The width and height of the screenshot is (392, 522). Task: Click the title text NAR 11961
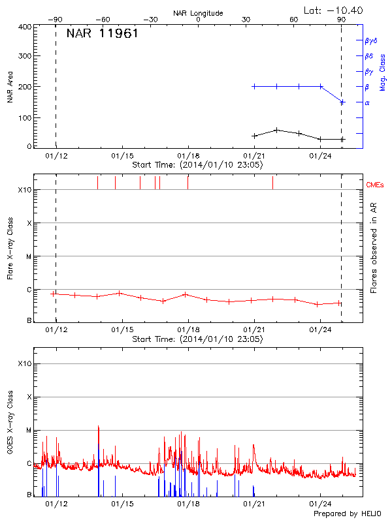[x=102, y=34]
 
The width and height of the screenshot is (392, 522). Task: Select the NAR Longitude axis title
[x=198, y=13]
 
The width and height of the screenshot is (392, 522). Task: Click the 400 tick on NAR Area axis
[x=25, y=27]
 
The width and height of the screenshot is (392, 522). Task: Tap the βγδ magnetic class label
[x=371, y=40]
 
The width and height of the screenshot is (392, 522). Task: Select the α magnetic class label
[x=367, y=102]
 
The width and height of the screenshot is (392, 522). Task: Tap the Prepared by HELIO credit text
[x=347, y=514]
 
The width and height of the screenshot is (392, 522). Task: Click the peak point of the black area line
[x=277, y=130]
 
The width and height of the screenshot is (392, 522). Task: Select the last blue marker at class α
[x=342, y=102]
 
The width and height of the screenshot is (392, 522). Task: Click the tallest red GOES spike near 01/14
[x=99, y=426]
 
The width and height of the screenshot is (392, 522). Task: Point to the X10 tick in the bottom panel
[x=25, y=363]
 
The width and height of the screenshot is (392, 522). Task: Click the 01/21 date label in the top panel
[x=254, y=157]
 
